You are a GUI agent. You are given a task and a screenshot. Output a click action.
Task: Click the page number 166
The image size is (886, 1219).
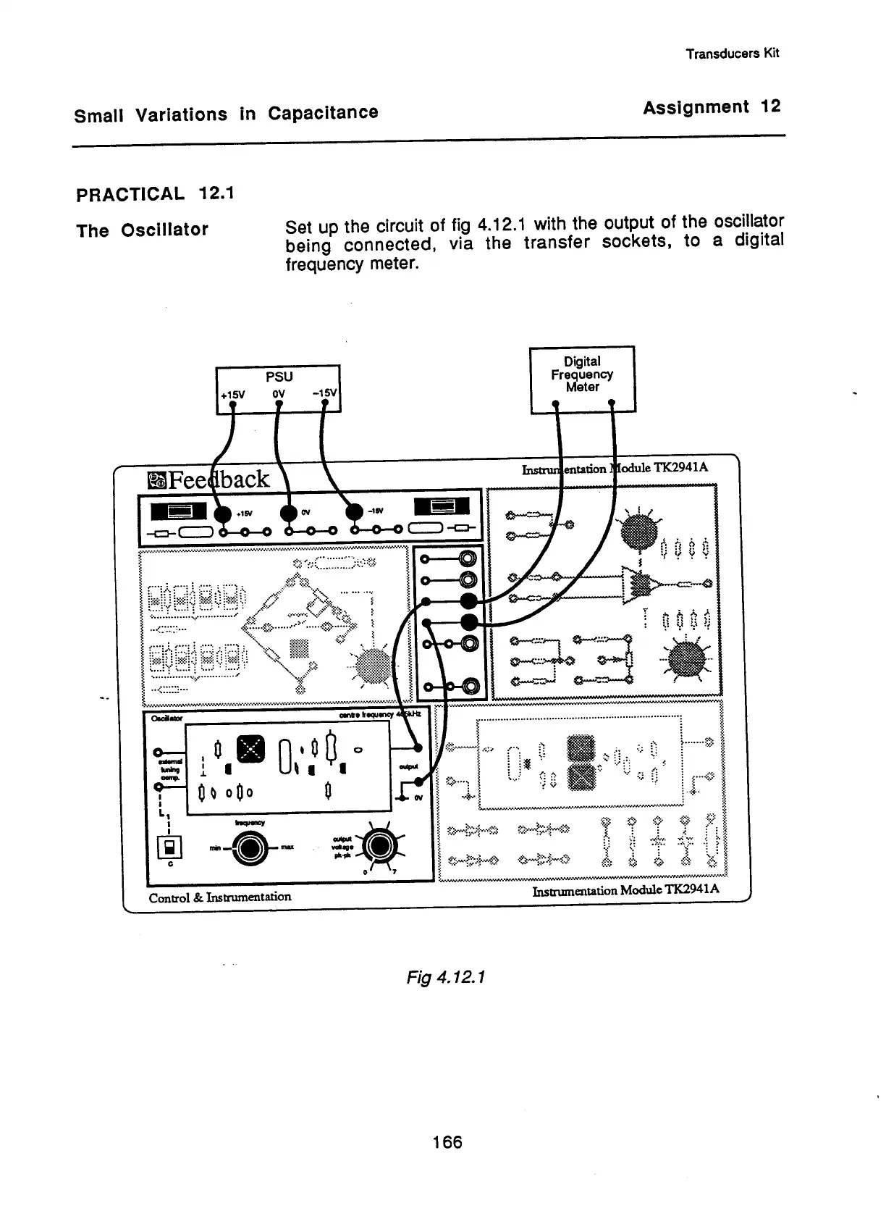click(x=447, y=1142)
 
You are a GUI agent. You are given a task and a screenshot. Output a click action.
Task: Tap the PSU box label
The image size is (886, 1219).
click(x=279, y=377)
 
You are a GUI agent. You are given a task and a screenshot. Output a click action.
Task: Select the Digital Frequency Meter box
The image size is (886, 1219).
click(x=583, y=378)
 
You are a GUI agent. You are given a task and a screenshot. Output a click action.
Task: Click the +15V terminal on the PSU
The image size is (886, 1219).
click(x=233, y=405)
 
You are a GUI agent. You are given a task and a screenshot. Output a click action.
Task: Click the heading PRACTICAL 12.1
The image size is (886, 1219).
click(x=155, y=194)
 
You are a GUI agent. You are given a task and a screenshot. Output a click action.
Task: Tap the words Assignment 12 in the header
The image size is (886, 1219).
click(x=712, y=107)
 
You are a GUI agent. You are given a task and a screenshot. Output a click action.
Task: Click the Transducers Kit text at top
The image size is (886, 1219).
click(x=733, y=54)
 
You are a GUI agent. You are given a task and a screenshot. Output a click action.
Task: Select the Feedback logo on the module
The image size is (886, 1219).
click(x=208, y=479)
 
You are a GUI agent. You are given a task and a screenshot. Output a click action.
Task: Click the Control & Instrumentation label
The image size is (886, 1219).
click(x=220, y=897)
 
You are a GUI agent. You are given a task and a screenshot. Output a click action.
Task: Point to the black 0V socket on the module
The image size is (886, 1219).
click(x=290, y=512)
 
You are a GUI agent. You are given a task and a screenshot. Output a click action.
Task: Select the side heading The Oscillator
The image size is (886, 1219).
click(x=142, y=230)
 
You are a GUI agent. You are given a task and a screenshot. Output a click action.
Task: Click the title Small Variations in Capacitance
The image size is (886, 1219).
click(x=226, y=114)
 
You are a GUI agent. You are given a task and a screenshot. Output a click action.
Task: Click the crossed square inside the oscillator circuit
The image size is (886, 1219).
click(x=252, y=748)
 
